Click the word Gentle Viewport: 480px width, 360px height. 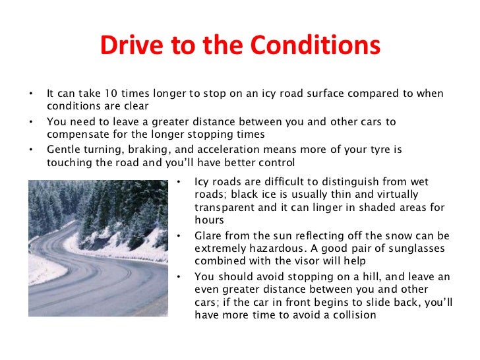click(64, 149)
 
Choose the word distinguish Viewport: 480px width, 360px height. click(332, 182)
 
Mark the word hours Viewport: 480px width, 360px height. click(210, 221)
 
